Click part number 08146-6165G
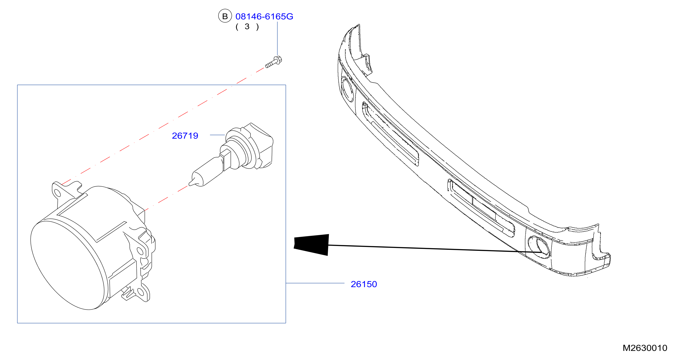(x=264, y=16)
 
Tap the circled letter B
(x=225, y=16)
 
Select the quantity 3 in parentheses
(x=247, y=27)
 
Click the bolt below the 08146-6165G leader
(x=274, y=62)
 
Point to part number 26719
(x=185, y=136)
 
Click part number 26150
(x=364, y=284)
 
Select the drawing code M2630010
(x=645, y=348)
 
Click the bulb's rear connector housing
(x=259, y=146)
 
